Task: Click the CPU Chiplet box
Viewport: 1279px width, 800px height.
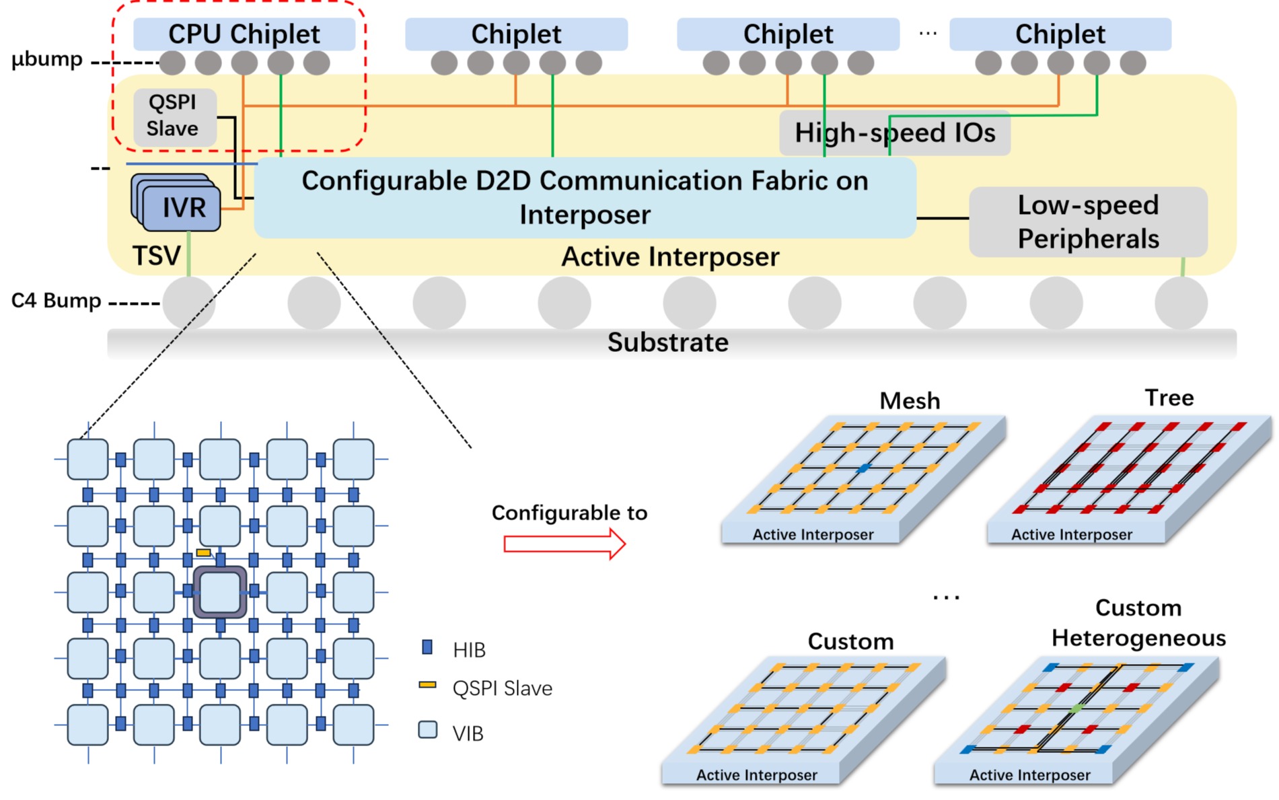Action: point(244,34)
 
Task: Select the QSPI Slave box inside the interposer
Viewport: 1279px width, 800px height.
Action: point(174,116)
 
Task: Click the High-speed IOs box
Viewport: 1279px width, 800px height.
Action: point(894,133)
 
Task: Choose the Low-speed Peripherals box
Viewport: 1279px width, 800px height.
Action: point(1087,221)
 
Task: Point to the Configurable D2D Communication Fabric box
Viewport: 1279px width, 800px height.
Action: point(584,197)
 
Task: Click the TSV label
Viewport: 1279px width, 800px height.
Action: point(156,256)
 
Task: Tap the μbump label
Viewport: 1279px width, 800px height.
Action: point(47,60)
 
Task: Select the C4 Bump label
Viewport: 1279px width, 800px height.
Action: point(56,300)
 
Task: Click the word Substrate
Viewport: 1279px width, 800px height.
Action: point(667,342)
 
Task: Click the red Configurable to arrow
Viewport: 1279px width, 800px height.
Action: point(564,544)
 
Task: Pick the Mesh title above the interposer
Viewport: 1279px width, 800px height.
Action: point(910,401)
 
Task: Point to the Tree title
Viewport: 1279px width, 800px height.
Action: point(1169,398)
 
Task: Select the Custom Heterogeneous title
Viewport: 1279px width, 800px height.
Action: point(1138,622)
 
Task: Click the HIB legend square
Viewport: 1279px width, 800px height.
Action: point(427,648)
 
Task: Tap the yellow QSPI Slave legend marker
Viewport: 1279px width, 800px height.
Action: point(427,685)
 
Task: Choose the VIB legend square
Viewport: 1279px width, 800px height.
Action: point(428,730)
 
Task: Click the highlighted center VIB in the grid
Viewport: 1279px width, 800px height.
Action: point(220,592)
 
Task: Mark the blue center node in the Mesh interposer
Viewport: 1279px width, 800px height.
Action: point(864,467)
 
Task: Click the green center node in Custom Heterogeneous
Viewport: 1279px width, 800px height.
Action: point(1076,708)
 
